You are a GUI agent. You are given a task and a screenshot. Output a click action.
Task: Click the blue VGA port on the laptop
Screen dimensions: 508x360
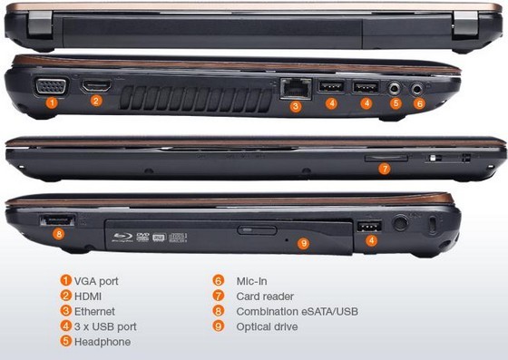pyautogui.click(x=51, y=86)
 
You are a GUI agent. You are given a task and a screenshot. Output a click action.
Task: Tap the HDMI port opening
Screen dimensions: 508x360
pyautogui.click(x=96, y=86)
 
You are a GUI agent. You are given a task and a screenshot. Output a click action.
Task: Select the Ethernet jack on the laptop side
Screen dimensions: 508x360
pyautogui.click(x=296, y=89)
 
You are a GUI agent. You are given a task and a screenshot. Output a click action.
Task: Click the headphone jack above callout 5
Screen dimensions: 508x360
pyautogui.click(x=395, y=88)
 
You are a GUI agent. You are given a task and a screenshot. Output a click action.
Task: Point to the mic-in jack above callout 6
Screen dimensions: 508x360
pyautogui.click(x=417, y=88)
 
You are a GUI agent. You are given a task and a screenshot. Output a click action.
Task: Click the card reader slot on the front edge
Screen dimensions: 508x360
pyautogui.click(x=386, y=158)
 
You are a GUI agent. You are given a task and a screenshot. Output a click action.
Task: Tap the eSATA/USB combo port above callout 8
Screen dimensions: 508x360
pyautogui.click(x=57, y=220)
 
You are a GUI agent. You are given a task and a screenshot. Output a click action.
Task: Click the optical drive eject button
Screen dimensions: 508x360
pyautogui.click(x=257, y=230)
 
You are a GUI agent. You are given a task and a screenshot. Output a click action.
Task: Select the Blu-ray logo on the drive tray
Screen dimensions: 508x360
pyautogui.click(x=122, y=237)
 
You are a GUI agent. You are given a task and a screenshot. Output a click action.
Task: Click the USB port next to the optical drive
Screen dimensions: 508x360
pyautogui.click(x=369, y=227)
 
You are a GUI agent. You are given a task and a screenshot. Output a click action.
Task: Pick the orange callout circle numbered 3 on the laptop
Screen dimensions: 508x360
pyautogui.click(x=296, y=106)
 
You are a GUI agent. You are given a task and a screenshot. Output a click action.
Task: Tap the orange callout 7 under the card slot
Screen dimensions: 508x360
pyautogui.click(x=385, y=169)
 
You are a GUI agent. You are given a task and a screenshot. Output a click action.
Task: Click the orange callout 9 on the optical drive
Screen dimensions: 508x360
pyautogui.click(x=303, y=243)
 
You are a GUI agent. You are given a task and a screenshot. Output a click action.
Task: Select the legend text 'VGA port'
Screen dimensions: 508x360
pyautogui.click(x=96, y=281)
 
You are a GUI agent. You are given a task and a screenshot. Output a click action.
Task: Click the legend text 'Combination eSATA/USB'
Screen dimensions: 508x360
pyautogui.click(x=298, y=311)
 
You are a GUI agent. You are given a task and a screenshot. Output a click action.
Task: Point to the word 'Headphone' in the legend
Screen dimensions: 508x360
pyautogui.click(x=103, y=342)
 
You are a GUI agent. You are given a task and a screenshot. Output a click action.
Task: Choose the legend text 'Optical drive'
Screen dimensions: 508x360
pyautogui.click(x=267, y=326)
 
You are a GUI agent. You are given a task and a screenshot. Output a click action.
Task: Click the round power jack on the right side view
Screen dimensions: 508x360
pyautogui.click(x=401, y=222)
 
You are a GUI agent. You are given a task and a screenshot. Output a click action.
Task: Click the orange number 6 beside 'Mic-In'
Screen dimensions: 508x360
pyautogui.click(x=219, y=280)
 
